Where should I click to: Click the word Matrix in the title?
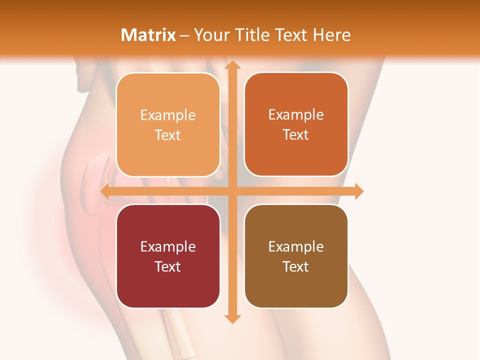coord(148,35)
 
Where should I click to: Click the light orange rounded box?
coord(168,124)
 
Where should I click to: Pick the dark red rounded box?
coord(168,256)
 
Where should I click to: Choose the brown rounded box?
coord(296,256)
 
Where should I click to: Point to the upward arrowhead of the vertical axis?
coord(231,65)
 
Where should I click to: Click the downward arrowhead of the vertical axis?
coord(231,318)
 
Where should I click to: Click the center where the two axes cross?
coord(231,191)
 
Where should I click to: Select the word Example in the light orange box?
coord(168,115)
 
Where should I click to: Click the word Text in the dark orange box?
coord(296,134)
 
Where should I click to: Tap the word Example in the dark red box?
coord(168,246)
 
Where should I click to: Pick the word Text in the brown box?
coord(296,266)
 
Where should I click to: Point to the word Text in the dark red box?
coord(168,266)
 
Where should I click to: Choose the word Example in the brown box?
coord(296,246)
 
